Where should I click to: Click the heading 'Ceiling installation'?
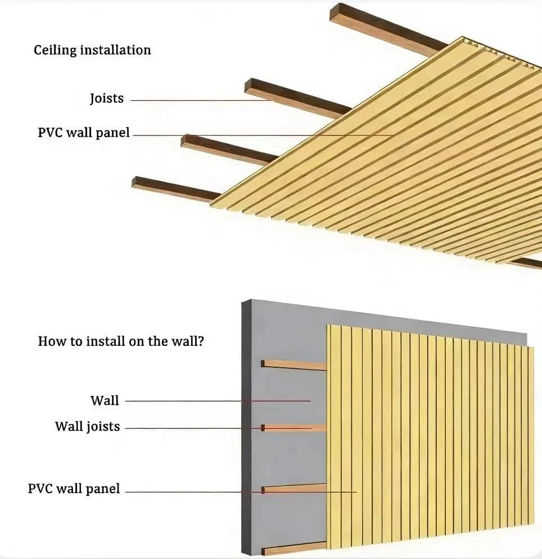tap(92, 50)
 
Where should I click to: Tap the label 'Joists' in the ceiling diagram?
tap(107, 98)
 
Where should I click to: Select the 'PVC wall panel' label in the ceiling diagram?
tap(84, 133)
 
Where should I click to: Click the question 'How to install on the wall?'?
tap(121, 341)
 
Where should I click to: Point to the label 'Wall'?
tap(105, 400)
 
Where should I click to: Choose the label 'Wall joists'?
tap(87, 427)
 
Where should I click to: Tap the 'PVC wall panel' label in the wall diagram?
tap(74, 489)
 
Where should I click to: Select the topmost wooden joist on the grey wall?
tap(294, 365)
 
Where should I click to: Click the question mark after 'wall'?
tap(201, 341)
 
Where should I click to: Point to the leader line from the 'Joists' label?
tap(202, 100)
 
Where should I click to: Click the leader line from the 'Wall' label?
tap(218, 401)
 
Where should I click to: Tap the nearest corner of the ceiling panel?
tap(210, 204)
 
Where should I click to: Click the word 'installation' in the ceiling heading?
tap(115, 49)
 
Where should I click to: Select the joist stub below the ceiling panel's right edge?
tap(526, 263)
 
